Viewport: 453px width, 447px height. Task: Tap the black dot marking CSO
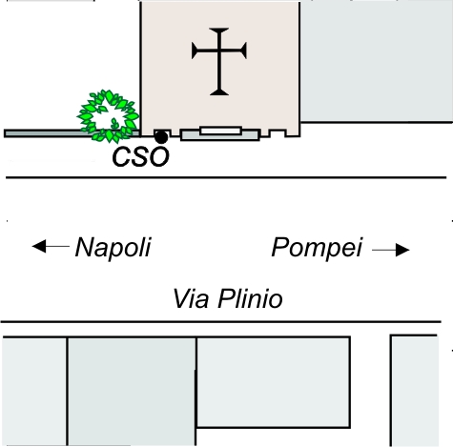[161, 137]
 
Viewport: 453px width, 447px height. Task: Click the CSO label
[140, 157]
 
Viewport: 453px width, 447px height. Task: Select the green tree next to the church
[108, 116]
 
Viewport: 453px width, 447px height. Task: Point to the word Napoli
[113, 248]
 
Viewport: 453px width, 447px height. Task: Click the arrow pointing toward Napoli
[51, 246]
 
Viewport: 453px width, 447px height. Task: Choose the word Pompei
[317, 248]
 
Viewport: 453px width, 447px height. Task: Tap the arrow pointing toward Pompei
[391, 250]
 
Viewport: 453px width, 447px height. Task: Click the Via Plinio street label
[228, 298]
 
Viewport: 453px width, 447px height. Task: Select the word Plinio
[250, 298]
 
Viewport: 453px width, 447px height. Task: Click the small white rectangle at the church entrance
[220, 131]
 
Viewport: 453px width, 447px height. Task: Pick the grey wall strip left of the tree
[48, 133]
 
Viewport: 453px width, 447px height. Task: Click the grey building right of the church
[377, 61]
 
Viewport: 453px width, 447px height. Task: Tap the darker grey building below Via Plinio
[132, 391]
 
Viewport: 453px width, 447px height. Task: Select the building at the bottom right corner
[415, 391]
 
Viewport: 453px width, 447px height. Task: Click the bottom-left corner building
[34, 391]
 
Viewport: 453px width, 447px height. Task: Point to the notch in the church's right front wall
[278, 132]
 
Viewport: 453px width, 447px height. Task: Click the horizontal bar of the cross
[219, 51]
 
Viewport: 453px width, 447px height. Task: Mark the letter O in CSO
[159, 157]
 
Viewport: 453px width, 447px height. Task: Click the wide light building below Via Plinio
[274, 382]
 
